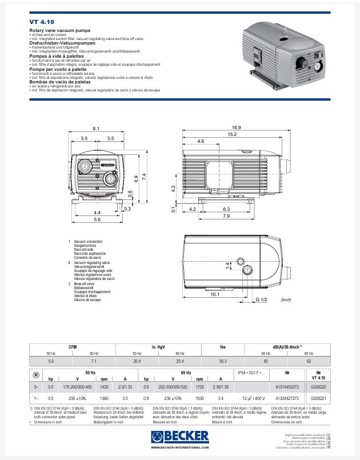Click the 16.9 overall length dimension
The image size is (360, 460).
(236, 127)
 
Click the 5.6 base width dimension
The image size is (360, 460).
(97, 219)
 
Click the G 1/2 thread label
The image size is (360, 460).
(261, 299)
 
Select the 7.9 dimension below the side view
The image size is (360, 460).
(226, 217)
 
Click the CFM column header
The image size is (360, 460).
(73, 347)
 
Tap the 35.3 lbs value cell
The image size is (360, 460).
(223, 361)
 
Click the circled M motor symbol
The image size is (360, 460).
(37, 375)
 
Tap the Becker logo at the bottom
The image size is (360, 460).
(180, 438)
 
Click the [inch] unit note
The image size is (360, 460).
(286, 299)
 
